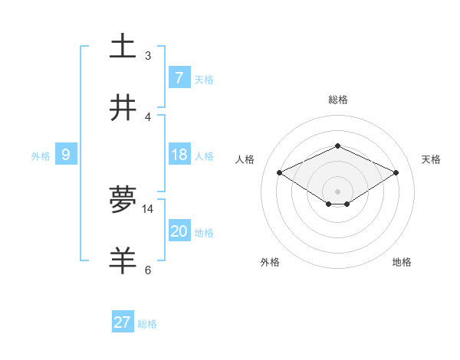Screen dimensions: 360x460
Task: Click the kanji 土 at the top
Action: pyautogui.click(x=123, y=46)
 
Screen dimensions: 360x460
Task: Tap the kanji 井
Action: pyautogui.click(x=123, y=107)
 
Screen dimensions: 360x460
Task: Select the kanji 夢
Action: pyautogui.click(x=123, y=199)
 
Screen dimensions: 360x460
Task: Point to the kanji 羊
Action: pyautogui.click(x=123, y=260)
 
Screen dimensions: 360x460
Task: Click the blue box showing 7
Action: pyautogui.click(x=179, y=77)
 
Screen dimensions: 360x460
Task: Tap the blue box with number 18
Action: pyautogui.click(x=179, y=155)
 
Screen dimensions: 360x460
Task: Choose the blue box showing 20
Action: pyautogui.click(x=179, y=231)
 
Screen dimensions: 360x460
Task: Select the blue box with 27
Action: pyautogui.click(x=123, y=322)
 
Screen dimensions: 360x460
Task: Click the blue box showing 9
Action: pyautogui.click(x=66, y=155)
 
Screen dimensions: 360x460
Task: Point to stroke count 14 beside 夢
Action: pyautogui.click(x=148, y=208)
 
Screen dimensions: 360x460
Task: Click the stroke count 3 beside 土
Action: pyautogui.click(x=148, y=55)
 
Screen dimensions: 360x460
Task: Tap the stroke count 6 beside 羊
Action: pyautogui.click(x=148, y=270)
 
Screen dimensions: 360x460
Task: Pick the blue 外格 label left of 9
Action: pyautogui.click(x=41, y=156)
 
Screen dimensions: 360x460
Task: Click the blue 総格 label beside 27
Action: pyautogui.click(x=147, y=324)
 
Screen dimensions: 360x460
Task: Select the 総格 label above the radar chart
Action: pyautogui.click(x=337, y=100)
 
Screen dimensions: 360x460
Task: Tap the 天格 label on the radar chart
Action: pyautogui.click(x=431, y=159)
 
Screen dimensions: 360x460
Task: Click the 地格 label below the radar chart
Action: pyautogui.click(x=402, y=262)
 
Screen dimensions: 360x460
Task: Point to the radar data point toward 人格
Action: pyautogui.click(x=280, y=173)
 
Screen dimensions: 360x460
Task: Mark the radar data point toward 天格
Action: pyautogui.click(x=396, y=173)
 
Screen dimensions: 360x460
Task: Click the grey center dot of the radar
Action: pyautogui.click(x=337, y=191)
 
